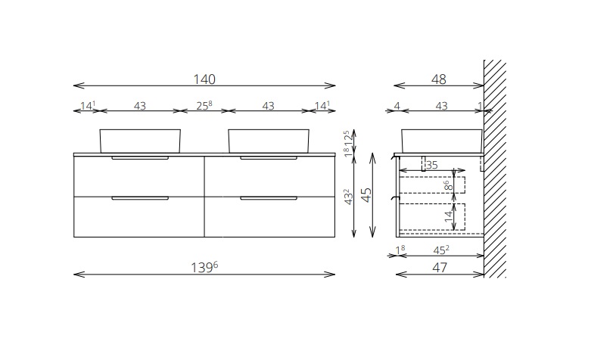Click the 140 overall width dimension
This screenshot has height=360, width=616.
pyautogui.click(x=204, y=79)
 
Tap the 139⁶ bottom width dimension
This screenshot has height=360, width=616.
pyautogui.click(x=204, y=267)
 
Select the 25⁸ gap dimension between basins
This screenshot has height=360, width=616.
pyautogui.click(x=204, y=106)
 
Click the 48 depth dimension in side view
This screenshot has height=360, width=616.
pyautogui.click(x=438, y=79)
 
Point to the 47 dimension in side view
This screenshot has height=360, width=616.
pyautogui.click(x=440, y=267)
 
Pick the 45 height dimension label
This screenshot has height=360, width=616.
pyautogui.click(x=366, y=194)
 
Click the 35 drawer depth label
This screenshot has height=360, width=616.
pyautogui.click(x=432, y=165)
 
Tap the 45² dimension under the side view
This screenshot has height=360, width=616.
pyautogui.click(x=441, y=250)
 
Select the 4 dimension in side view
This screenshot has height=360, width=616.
pyautogui.click(x=397, y=106)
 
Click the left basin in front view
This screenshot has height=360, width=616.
pyautogui.click(x=140, y=141)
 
